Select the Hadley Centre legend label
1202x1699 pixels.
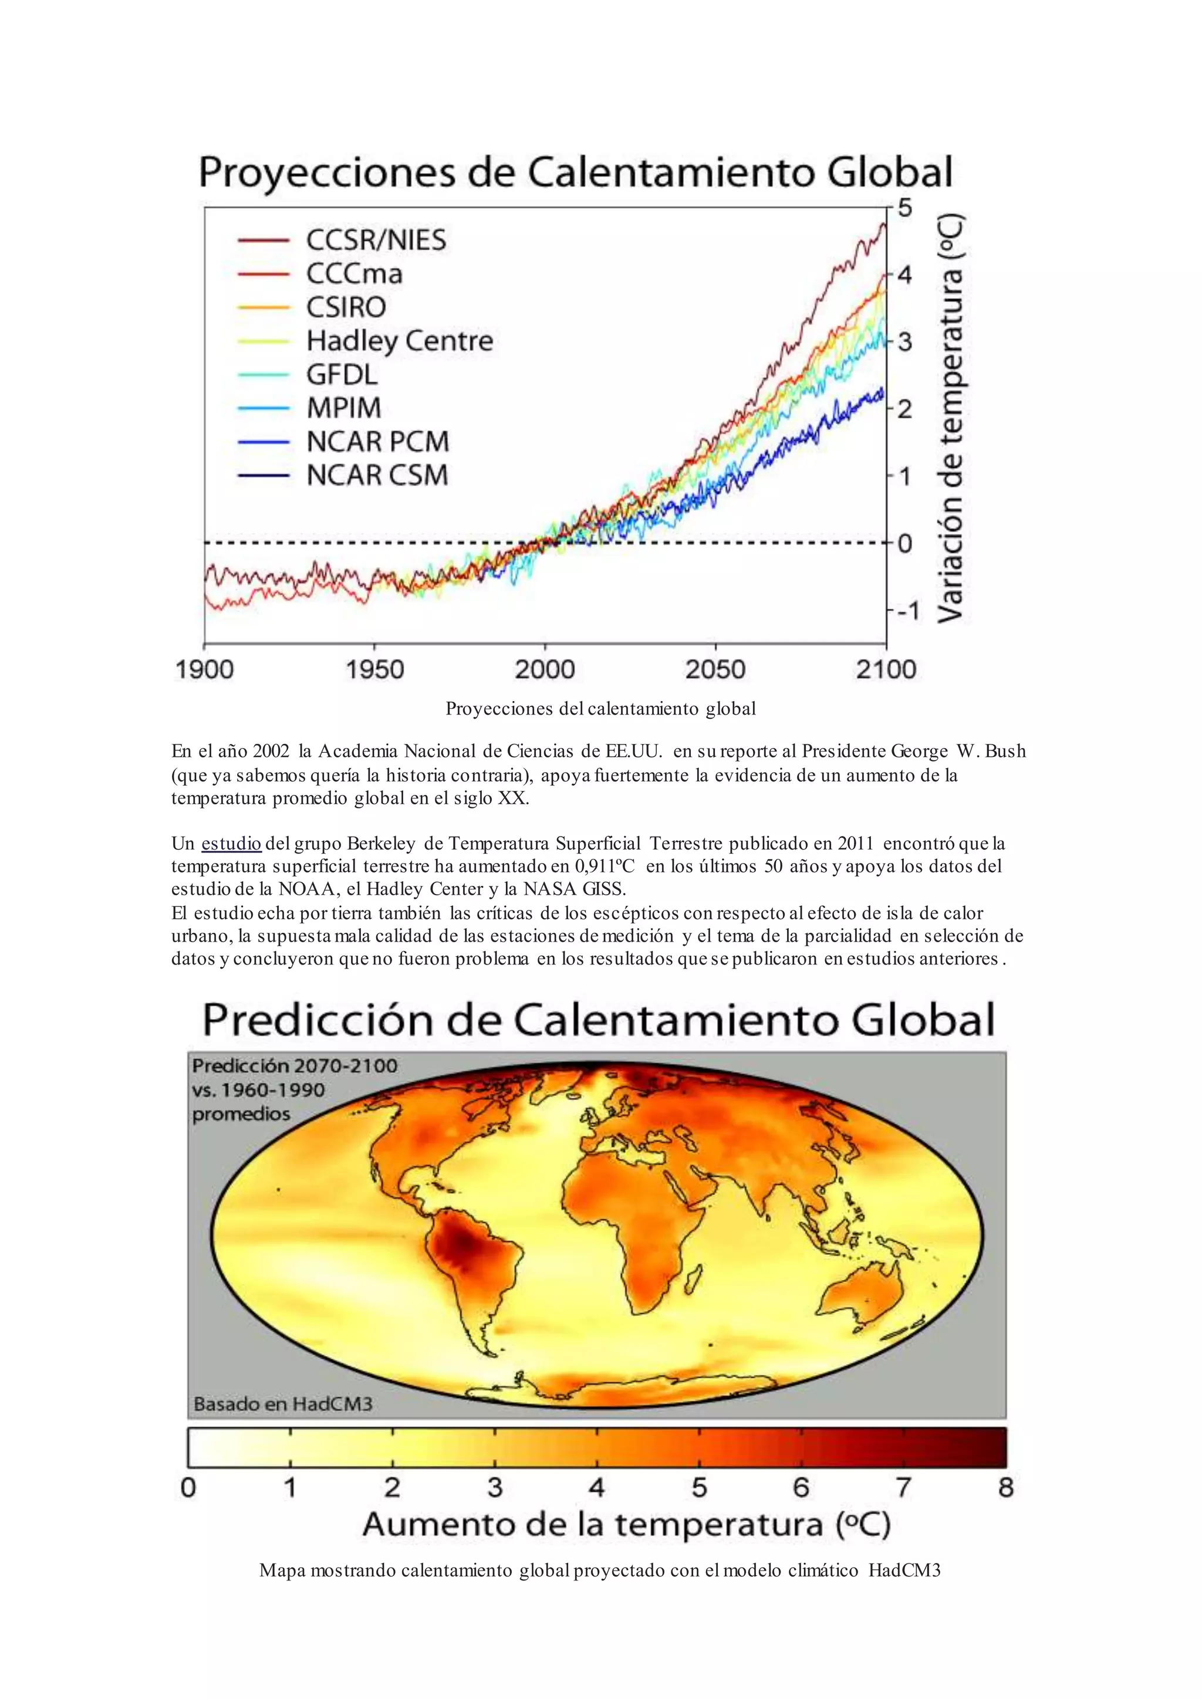(x=399, y=341)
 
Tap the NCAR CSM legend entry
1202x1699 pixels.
(x=377, y=475)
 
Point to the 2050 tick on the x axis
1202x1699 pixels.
(x=714, y=669)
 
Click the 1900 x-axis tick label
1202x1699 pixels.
(x=204, y=669)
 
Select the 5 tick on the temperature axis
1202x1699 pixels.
(x=904, y=208)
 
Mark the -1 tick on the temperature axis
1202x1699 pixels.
(x=907, y=611)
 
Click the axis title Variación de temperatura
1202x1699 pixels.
(x=951, y=418)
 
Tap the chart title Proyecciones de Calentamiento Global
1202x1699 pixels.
(x=576, y=172)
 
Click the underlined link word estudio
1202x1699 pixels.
(x=231, y=844)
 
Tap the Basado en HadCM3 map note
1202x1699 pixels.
(x=283, y=1404)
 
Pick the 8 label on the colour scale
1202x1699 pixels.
(x=1005, y=1487)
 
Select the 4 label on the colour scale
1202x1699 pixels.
(x=596, y=1487)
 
